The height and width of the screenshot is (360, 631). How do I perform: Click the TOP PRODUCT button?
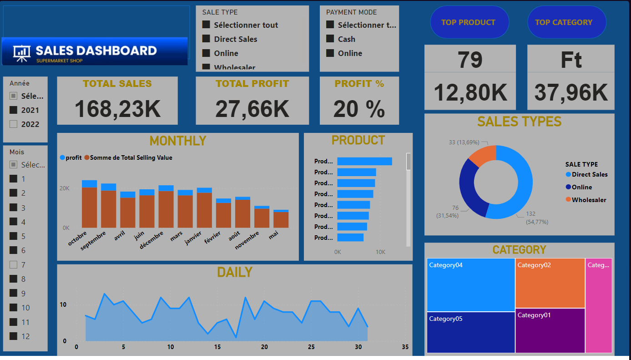468,22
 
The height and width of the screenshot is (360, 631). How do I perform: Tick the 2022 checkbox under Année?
14,124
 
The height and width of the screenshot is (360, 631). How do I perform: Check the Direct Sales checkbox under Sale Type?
206,39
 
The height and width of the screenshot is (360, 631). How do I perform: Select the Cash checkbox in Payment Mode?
330,39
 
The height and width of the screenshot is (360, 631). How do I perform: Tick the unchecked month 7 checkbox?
14,265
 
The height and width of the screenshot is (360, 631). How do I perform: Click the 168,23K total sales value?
117,109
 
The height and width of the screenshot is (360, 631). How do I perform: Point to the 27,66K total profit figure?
252,109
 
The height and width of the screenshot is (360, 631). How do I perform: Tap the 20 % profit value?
359,109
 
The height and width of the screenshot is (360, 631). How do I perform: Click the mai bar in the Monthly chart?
281,219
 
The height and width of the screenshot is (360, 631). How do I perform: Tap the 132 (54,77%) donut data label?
537,218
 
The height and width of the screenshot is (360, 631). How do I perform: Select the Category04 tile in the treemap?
471,285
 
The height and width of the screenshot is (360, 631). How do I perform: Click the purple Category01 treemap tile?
550,330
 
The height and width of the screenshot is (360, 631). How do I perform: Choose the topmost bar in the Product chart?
364,161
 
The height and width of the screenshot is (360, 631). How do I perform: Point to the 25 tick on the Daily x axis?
311,347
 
